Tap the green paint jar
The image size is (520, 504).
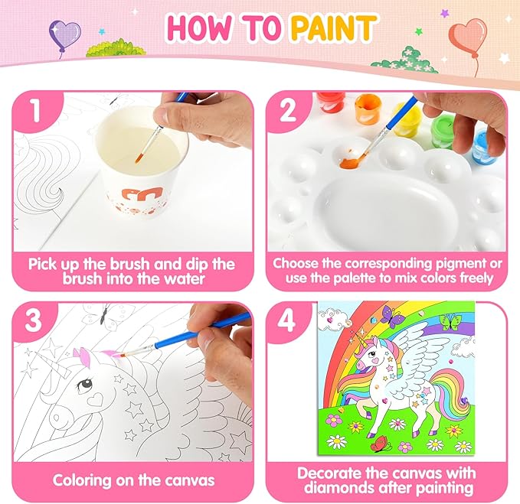pos(445,131)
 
